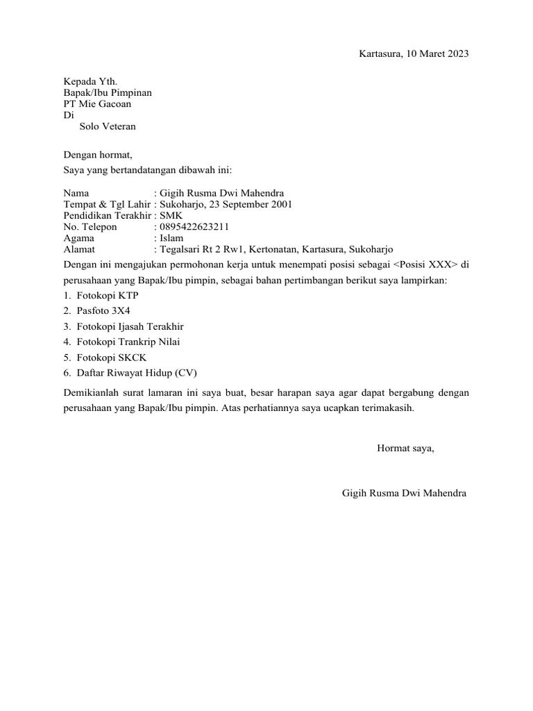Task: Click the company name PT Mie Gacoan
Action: coord(97,104)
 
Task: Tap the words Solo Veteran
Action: coord(108,127)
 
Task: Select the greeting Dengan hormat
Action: coord(97,154)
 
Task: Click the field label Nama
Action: coord(76,193)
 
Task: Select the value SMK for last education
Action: coord(171,215)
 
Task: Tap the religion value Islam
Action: coord(171,237)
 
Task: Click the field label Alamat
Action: coord(79,249)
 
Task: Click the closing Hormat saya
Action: coord(405,448)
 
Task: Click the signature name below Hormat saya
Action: coord(404,493)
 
